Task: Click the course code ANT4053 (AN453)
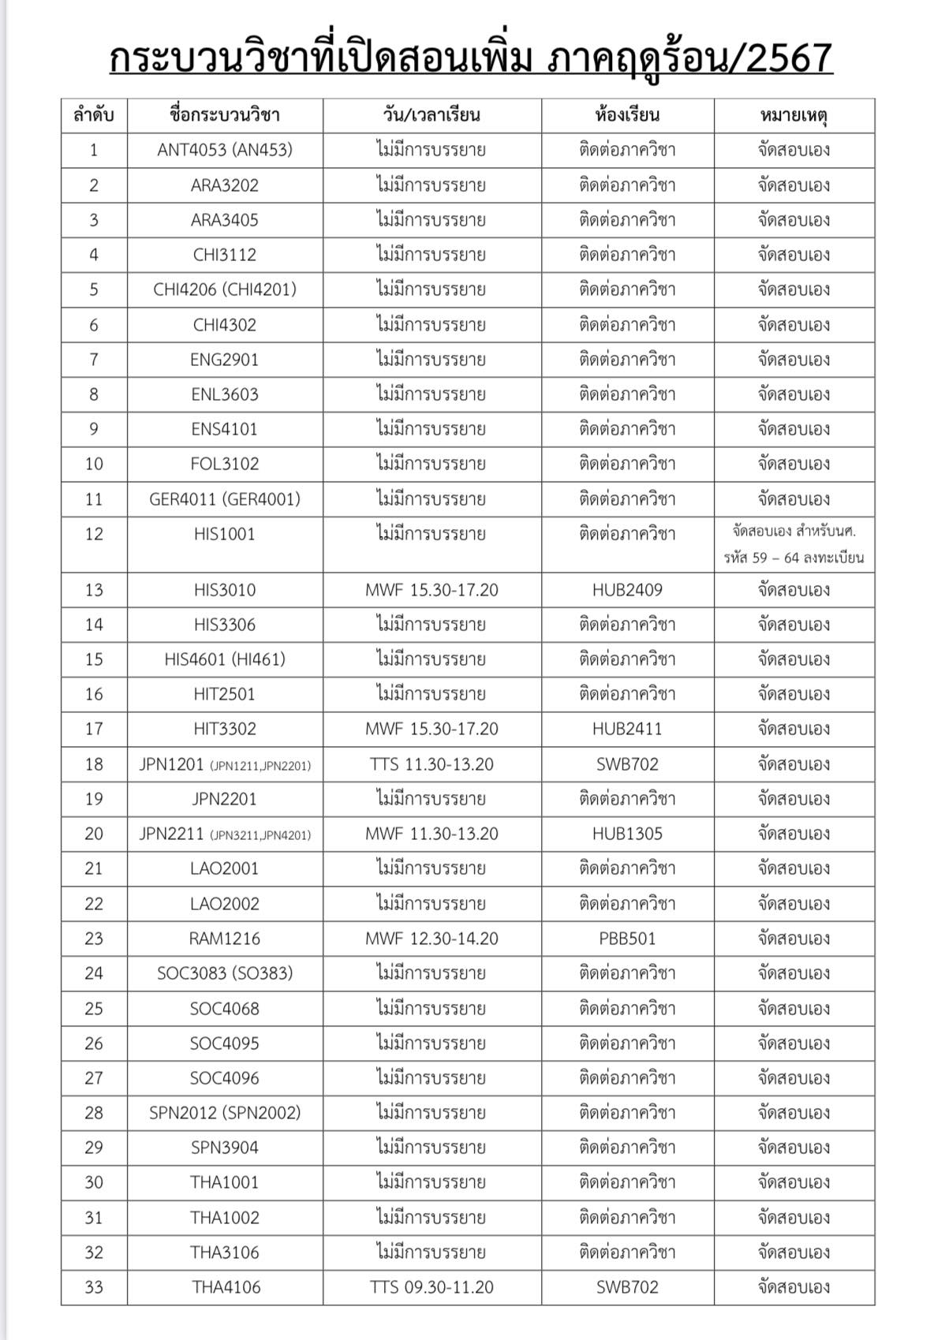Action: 225,150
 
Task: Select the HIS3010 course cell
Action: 225,590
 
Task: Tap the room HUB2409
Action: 627,590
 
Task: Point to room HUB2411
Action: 627,729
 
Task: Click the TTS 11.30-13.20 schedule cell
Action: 431,764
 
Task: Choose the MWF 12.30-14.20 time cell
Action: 431,939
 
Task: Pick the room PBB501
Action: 627,939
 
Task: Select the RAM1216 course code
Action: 225,939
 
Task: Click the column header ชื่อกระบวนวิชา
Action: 225,115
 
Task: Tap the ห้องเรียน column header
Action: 627,115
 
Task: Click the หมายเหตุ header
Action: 794,115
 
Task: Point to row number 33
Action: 94,1287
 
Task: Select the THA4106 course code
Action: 225,1287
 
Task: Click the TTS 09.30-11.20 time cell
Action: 431,1287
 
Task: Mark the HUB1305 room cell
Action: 627,834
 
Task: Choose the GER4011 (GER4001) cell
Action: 225,499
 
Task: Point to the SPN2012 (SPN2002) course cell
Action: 225,1113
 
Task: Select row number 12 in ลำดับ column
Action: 94,535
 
